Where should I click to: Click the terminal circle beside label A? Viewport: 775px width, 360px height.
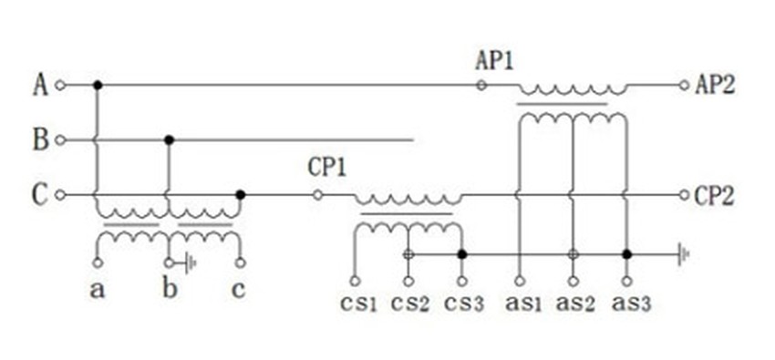(60, 86)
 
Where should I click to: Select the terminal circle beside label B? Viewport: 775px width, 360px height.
(60, 140)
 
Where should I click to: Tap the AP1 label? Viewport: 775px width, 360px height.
(494, 62)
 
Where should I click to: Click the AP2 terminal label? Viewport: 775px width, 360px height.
(715, 86)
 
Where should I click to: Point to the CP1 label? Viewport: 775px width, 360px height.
(327, 168)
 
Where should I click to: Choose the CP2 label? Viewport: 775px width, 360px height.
(714, 196)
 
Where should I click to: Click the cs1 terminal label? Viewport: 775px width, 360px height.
(358, 303)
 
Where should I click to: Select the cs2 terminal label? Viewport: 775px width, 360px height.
(410, 303)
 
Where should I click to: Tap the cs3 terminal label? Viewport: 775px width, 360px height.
(463, 303)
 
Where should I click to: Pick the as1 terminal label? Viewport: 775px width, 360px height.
(523, 303)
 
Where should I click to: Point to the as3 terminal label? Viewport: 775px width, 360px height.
(631, 303)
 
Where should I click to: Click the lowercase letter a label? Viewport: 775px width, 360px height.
(98, 291)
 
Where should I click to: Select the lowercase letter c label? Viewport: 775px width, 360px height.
(239, 291)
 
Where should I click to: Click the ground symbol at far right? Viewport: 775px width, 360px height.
(684, 255)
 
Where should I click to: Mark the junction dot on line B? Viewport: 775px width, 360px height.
(169, 140)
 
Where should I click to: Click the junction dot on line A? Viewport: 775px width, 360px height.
(98, 86)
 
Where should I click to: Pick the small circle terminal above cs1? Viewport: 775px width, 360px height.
(355, 281)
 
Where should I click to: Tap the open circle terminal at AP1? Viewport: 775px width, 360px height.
(480, 86)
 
